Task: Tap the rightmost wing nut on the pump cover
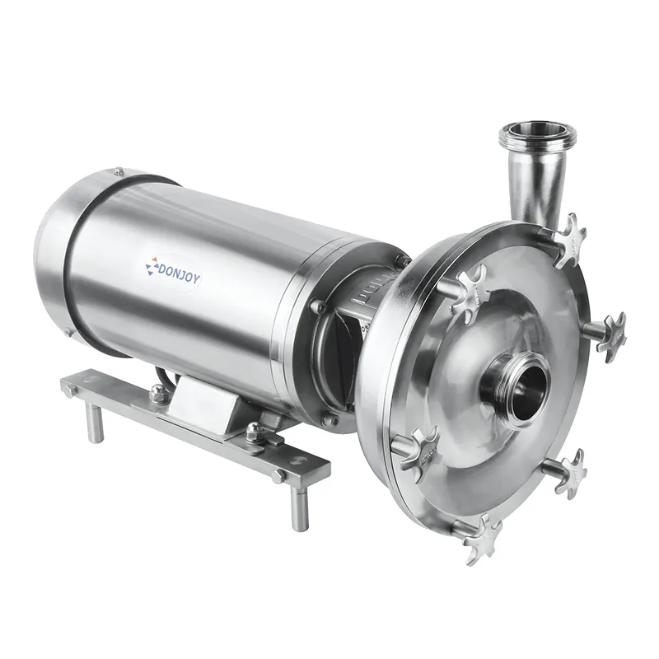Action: point(610,334)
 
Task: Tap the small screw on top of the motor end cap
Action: point(119,171)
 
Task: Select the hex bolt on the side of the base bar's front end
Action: point(278,475)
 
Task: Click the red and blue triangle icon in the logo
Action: point(150,266)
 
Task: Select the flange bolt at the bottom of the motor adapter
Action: point(330,420)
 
